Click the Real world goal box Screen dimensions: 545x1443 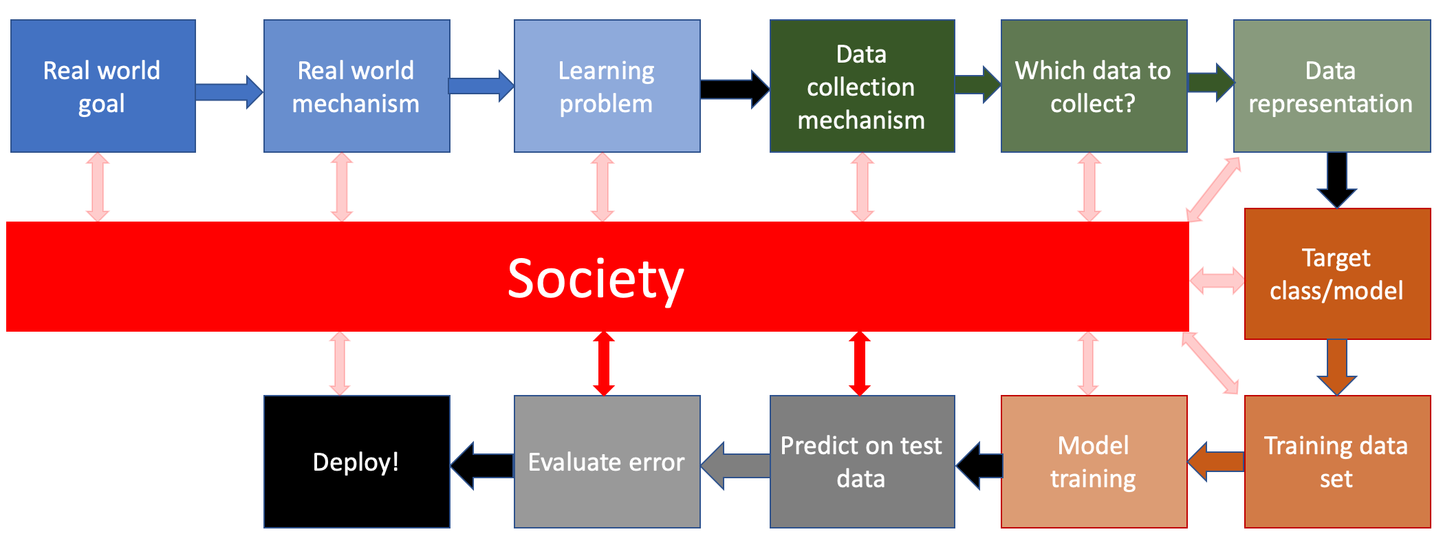pyautogui.click(x=103, y=86)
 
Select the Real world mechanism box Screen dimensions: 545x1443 pyautogui.click(x=356, y=86)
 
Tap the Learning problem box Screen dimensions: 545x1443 pyautogui.click(x=607, y=86)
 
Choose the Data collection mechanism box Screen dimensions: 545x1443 pyautogui.click(x=862, y=86)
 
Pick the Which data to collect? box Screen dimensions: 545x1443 pyautogui.click(x=1094, y=86)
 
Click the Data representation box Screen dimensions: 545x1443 pyautogui.click(x=1331, y=86)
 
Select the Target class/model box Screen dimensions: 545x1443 pyautogui.click(x=1336, y=274)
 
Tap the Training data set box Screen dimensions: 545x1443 pyautogui.click(x=1336, y=461)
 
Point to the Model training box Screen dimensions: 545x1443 pyautogui.click(x=1094, y=461)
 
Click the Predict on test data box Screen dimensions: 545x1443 pyautogui.click(x=862, y=461)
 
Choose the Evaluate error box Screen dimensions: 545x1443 pyautogui.click(x=607, y=461)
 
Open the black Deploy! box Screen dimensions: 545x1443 pyautogui.click(x=356, y=461)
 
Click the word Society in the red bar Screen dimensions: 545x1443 pyautogui.click(x=596, y=279)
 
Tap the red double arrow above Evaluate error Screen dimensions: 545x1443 pyautogui.click(x=604, y=363)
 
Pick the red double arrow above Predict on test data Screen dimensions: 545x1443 pyautogui.click(x=860, y=363)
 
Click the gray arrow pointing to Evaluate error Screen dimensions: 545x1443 pyautogui.click(x=735, y=465)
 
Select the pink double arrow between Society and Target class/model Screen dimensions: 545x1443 pyautogui.click(x=1217, y=281)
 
